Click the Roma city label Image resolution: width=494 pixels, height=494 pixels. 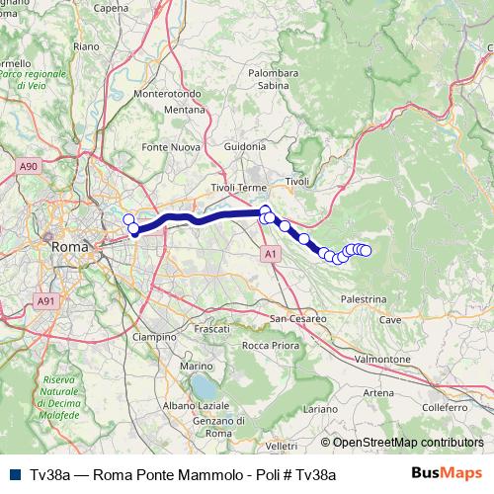point(69,246)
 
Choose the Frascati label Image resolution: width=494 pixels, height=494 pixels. point(212,328)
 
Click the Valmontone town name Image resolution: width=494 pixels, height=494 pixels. point(381,359)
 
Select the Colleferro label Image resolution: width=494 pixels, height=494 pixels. point(444,407)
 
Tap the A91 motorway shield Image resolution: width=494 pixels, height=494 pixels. point(46,300)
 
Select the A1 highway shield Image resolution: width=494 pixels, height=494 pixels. point(271,254)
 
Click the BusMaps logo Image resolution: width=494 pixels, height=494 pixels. point(447,474)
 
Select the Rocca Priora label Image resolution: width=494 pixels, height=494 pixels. point(271,345)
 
